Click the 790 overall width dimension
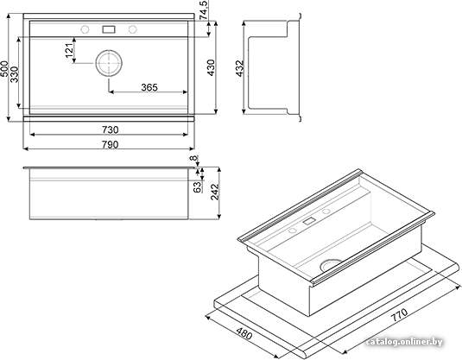pyautogui.click(x=110, y=145)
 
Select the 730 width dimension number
pyautogui.click(x=110, y=129)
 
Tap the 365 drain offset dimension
pyautogui.click(x=149, y=87)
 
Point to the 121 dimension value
pyautogui.click(x=69, y=50)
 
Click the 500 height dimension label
pyautogui.click(x=4, y=69)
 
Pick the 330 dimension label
pyautogui.click(x=14, y=74)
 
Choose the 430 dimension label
pyautogui.click(x=212, y=67)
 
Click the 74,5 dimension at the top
pyautogui.click(x=204, y=10)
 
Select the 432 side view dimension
pyautogui.click(x=240, y=68)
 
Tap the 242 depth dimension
pyautogui.click(x=215, y=192)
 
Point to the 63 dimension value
pyautogui.click(x=198, y=187)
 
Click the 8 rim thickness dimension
pyautogui.click(x=193, y=158)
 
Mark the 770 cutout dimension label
pyautogui.click(x=399, y=315)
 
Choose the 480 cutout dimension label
pyautogui.click(x=244, y=333)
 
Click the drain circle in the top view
pyautogui.click(x=109, y=63)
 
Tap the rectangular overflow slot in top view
pyautogui.click(x=109, y=29)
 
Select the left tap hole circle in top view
pyautogui.click(x=85, y=29)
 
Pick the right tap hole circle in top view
pyautogui.click(x=133, y=29)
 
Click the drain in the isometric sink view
pyautogui.click(x=331, y=264)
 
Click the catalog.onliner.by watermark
pyautogui.click(x=404, y=342)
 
